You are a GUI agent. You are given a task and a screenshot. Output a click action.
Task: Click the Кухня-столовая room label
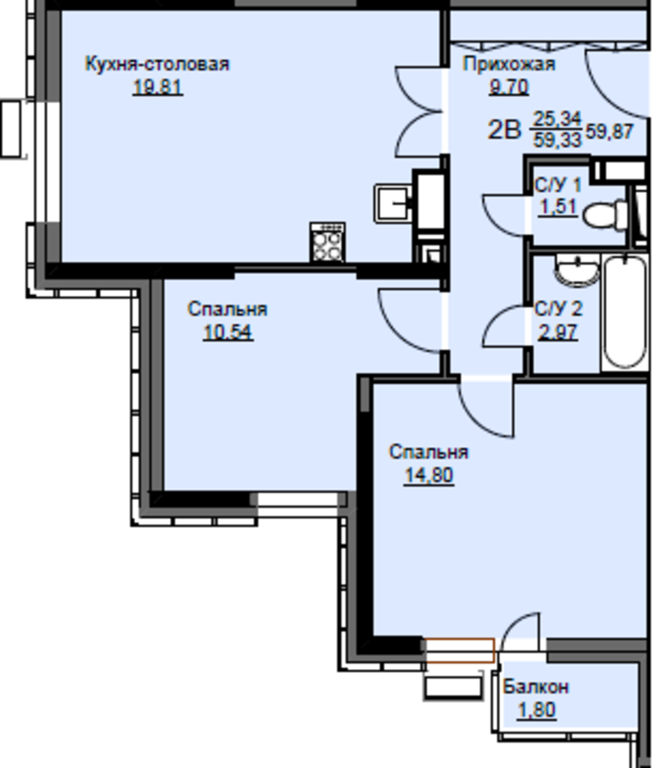[x=157, y=65]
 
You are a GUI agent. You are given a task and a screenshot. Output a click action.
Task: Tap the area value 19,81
[x=157, y=87]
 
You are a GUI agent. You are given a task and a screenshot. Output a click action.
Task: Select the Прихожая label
[x=509, y=65]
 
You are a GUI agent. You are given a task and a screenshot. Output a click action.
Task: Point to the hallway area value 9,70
[x=509, y=87]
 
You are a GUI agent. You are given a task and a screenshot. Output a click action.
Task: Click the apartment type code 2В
[x=504, y=131]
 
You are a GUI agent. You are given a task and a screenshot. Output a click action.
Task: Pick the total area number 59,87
[x=610, y=131]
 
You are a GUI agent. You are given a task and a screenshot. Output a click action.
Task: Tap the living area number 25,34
[x=557, y=118]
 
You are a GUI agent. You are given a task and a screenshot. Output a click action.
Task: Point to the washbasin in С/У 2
[x=577, y=271]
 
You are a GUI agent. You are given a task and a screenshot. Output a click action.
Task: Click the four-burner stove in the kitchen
[x=327, y=243]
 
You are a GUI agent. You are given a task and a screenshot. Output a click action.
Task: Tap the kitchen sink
[x=393, y=203]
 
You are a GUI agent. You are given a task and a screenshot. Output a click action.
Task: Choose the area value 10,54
[x=228, y=332]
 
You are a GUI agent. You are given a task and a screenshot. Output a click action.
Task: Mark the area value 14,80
[x=429, y=475]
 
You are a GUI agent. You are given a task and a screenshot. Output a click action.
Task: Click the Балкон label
[x=536, y=687]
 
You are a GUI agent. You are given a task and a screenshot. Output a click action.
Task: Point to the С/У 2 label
[x=558, y=309]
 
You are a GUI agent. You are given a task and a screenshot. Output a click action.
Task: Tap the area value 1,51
[x=558, y=207]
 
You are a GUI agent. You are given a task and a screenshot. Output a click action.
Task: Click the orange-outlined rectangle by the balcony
[x=459, y=650]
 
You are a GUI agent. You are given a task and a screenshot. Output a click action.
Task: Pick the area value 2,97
[x=558, y=332]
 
